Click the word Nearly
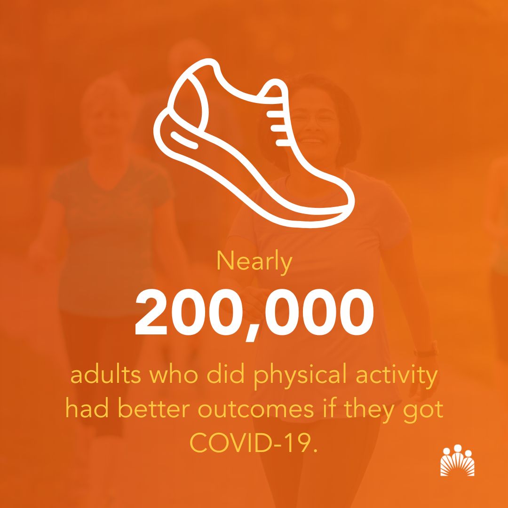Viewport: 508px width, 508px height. click(254, 262)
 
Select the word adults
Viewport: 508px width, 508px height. click(101, 377)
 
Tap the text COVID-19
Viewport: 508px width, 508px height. click(254, 441)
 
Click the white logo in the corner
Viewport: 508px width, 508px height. click(457, 460)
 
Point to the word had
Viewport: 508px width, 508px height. click(83, 409)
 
